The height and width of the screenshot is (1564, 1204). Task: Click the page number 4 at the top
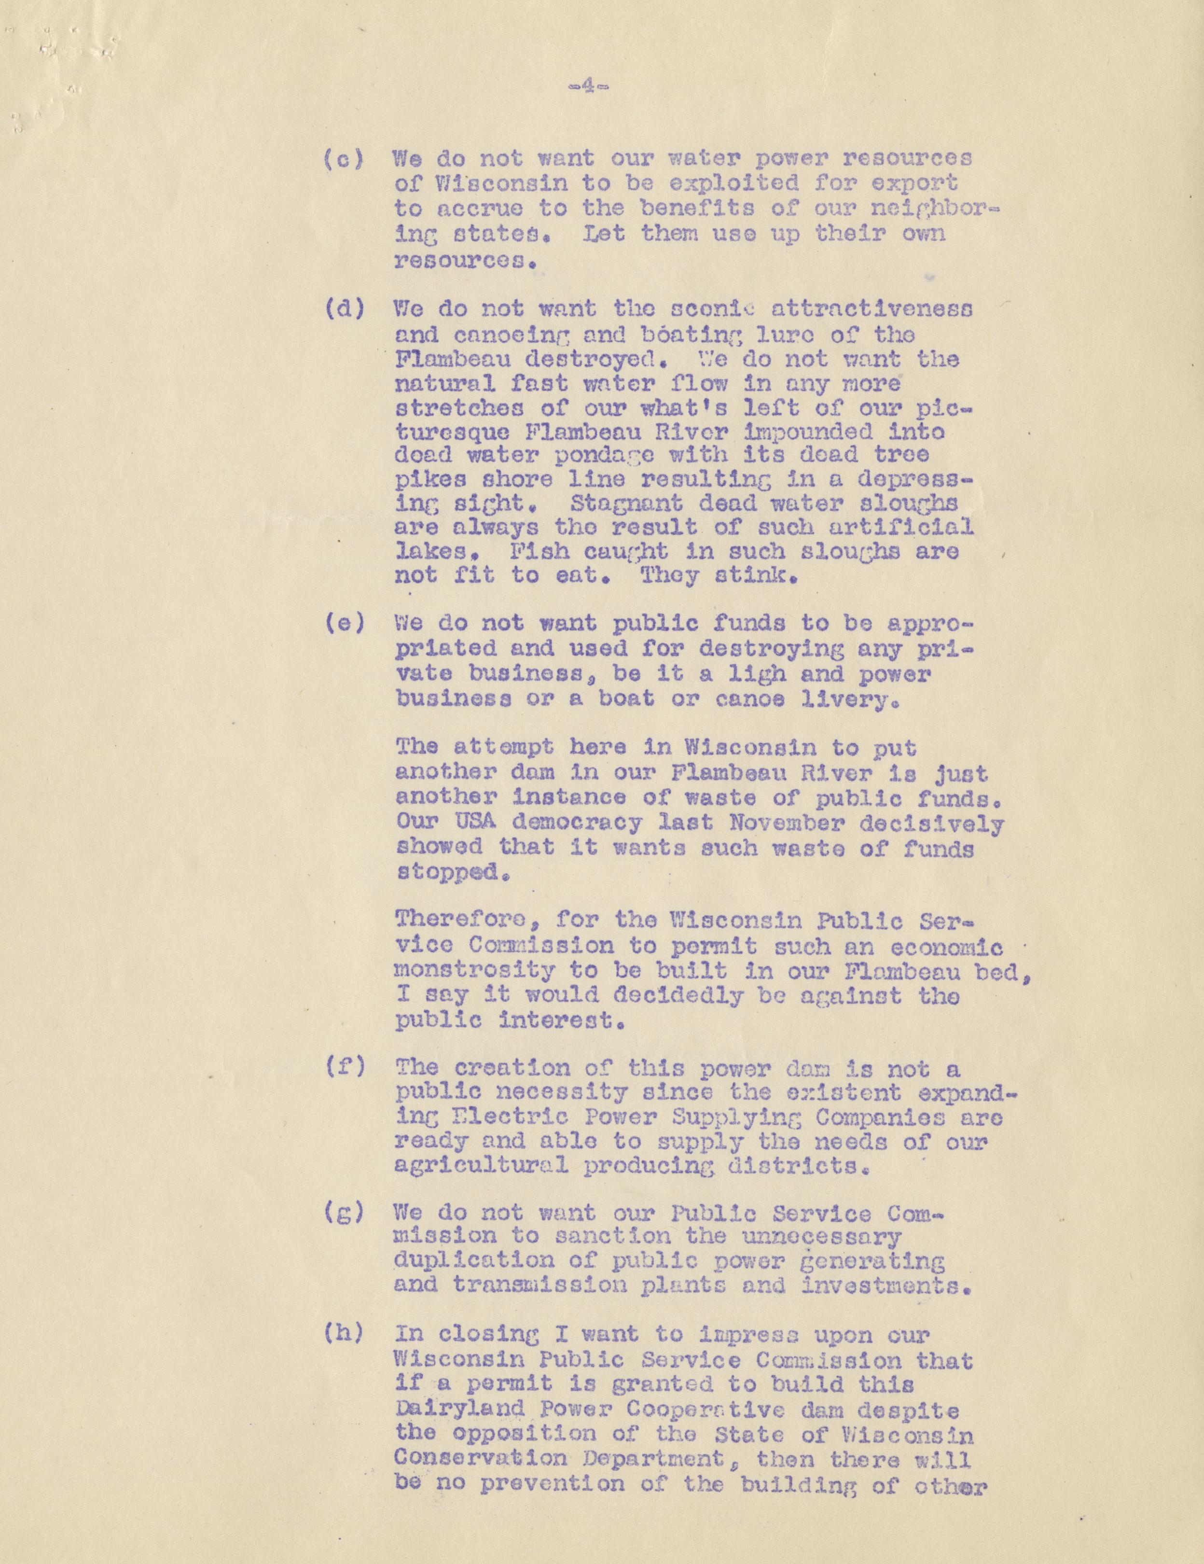click(586, 87)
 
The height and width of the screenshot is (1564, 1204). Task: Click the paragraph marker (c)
click(344, 158)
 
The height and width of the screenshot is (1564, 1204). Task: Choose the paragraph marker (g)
click(344, 1213)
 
